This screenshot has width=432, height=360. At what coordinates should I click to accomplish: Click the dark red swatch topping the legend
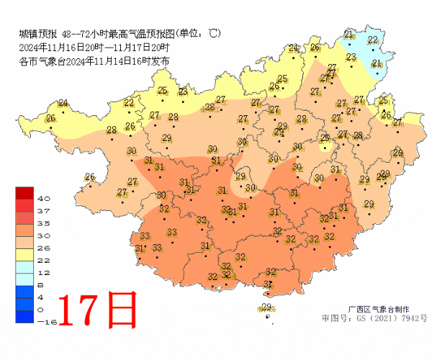(x=24, y=192)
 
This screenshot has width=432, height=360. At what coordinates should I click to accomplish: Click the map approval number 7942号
(x=408, y=317)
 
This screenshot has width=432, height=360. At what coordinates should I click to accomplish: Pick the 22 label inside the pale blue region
(x=373, y=40)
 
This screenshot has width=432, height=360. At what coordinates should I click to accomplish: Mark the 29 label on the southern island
(x=266, y=307)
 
